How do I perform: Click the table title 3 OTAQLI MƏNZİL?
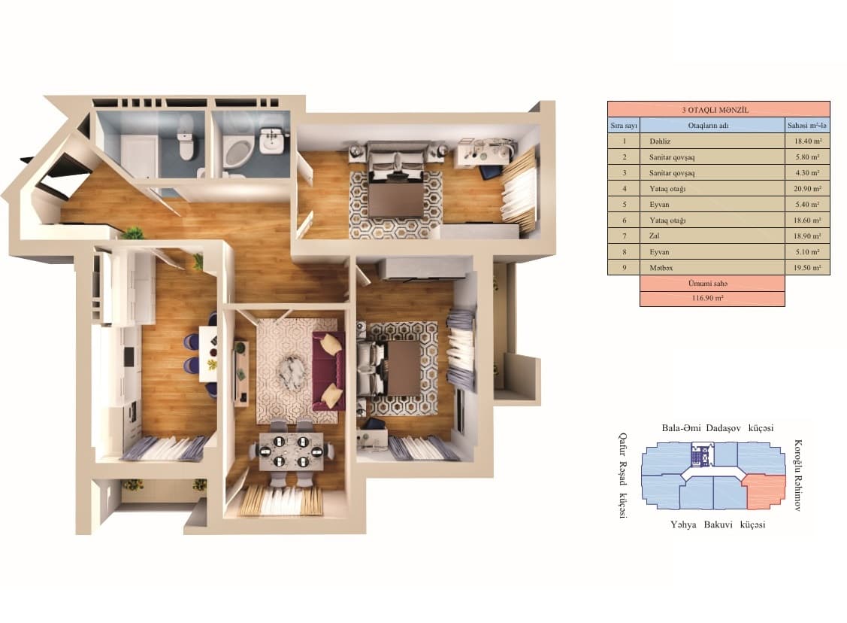(x=718, y=109)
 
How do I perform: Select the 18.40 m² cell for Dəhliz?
(x=808, y=141)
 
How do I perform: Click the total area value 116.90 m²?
(x=712, y=299)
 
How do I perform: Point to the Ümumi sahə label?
(x=712, y=283)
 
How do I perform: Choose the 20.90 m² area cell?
(x=808, y=188)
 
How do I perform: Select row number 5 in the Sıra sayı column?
(x=624, y=204)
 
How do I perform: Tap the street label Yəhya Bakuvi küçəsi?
(x=717, y=524)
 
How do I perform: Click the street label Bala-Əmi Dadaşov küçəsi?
(x=717, y=427)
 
